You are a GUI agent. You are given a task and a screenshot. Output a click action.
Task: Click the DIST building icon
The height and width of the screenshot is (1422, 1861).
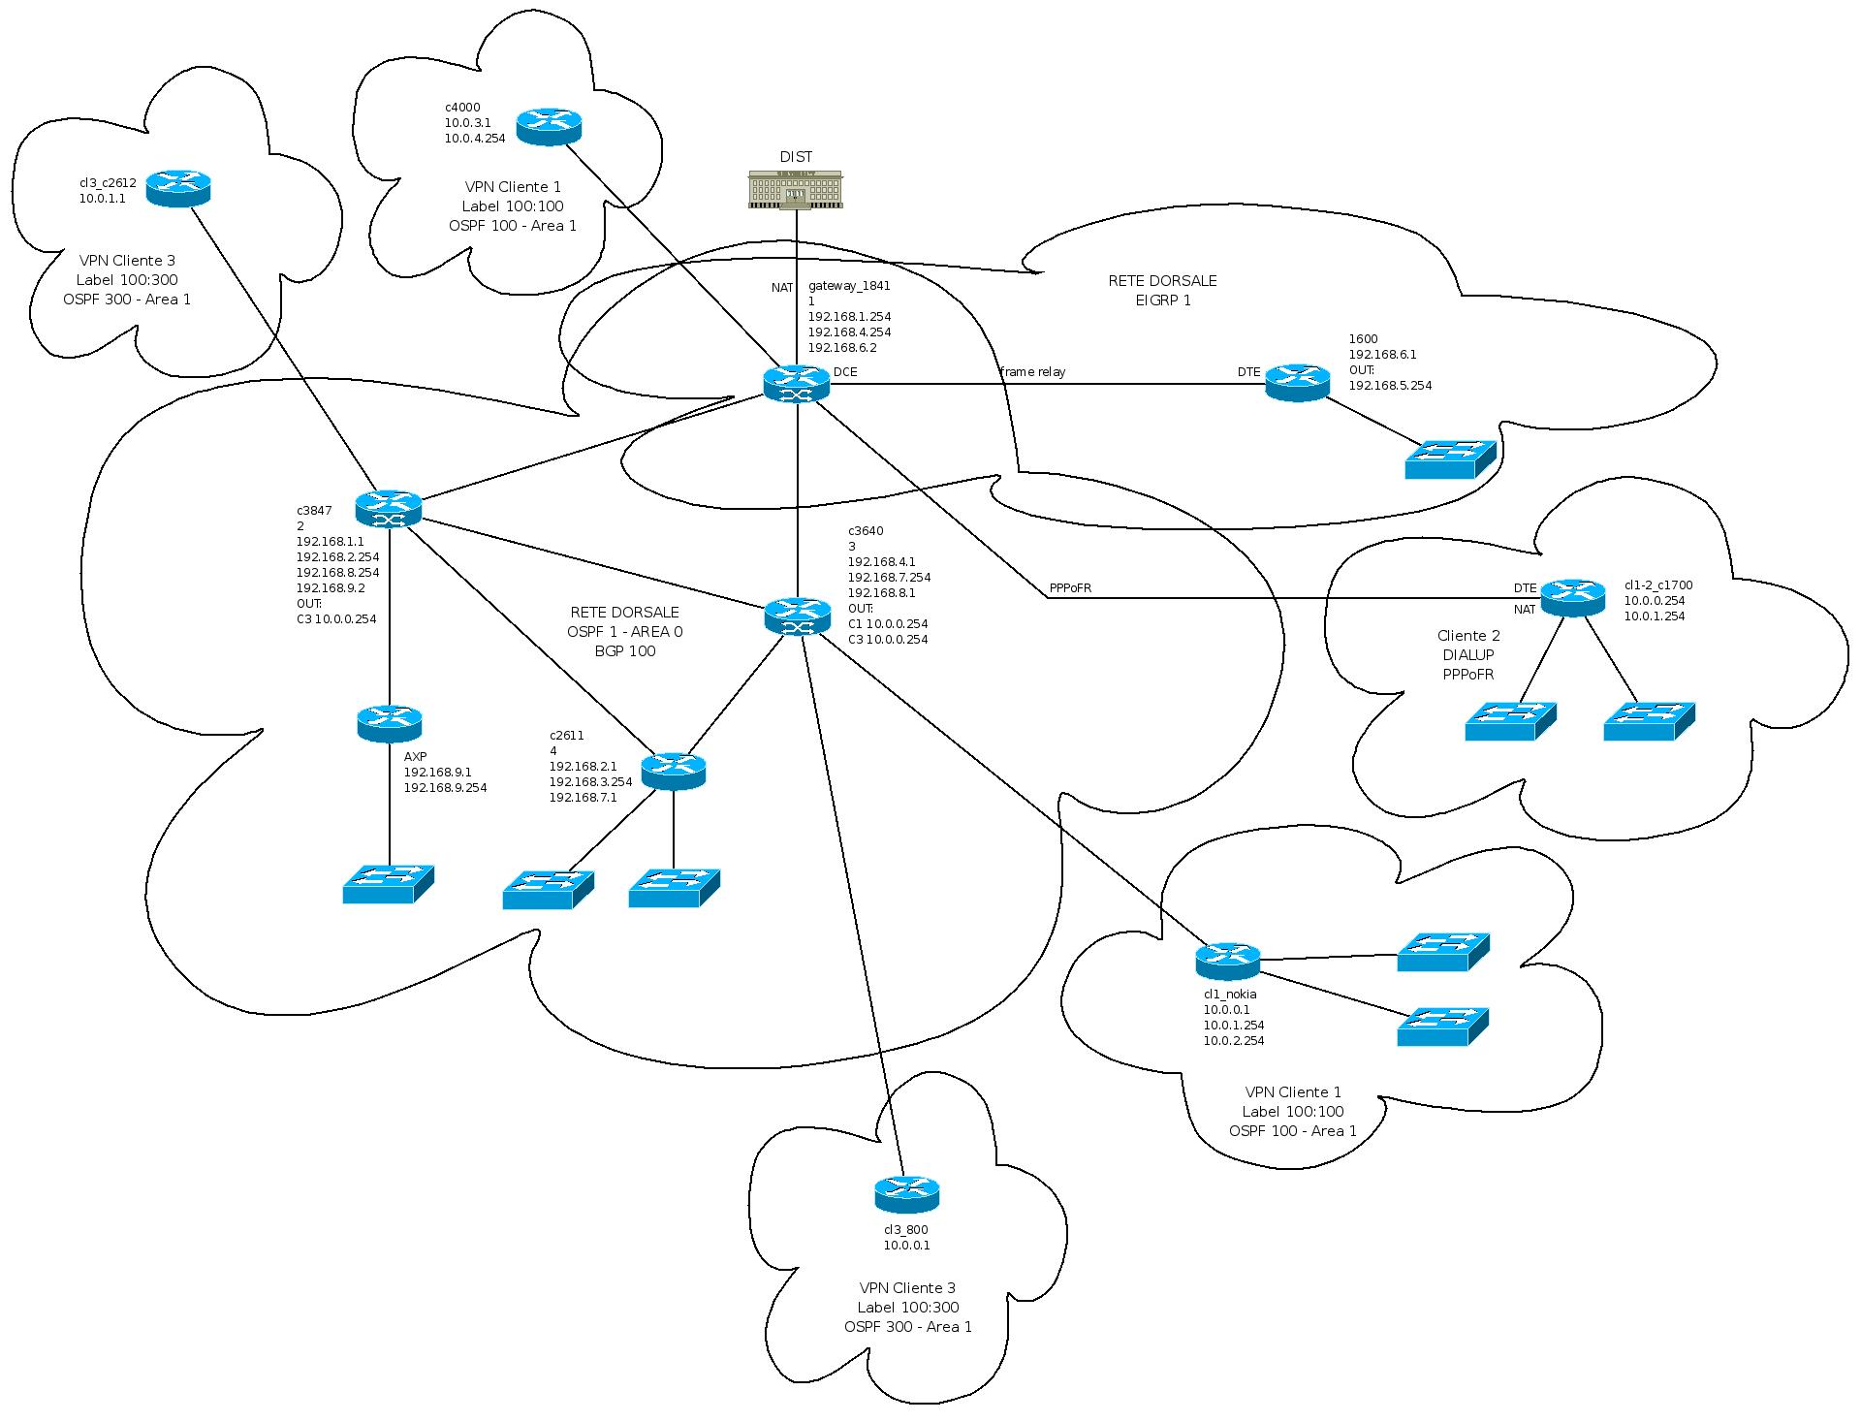pos(795,189)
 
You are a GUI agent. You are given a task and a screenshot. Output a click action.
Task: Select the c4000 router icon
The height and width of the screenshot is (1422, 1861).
pos(549,126)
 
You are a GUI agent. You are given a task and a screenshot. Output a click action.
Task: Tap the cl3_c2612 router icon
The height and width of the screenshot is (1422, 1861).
pos(178,188)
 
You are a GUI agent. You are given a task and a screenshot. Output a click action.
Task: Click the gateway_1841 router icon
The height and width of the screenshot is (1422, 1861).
pos(797,384)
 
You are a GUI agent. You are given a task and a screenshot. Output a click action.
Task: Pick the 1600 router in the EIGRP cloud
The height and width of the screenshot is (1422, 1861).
pos(1297,383)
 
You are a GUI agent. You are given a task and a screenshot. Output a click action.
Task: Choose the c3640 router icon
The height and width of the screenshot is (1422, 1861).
pos(797,616)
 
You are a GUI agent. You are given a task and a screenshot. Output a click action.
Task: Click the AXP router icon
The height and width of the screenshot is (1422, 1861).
pos(389,723)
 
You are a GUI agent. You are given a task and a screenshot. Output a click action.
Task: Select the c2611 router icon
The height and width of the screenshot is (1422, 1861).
pos(674,771)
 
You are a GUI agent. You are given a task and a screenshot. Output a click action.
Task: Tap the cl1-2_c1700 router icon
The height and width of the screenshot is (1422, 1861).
pos(1572,597)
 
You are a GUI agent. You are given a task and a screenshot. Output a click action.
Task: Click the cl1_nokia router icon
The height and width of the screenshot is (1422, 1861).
pos(1227,961)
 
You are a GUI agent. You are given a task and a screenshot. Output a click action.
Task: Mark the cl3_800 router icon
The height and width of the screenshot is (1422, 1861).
pos(906,1194)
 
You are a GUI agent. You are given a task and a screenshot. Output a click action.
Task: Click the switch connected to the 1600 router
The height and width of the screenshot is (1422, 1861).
pos(1450,459)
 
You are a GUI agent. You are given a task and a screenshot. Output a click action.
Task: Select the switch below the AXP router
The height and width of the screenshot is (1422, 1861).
pos(388,884)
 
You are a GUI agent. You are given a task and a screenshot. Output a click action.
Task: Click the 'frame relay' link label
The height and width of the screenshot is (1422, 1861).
pos(1032,372)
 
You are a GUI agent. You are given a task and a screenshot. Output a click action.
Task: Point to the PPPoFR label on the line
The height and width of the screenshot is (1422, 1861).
pos(1070,588)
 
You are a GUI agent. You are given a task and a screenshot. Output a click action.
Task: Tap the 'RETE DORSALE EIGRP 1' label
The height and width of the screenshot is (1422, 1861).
pos(1162,291)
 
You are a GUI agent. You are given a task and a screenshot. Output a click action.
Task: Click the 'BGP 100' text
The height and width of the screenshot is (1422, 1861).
pos(624,651)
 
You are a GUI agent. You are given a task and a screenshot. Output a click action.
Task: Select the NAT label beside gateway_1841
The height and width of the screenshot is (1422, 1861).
pos(782,287)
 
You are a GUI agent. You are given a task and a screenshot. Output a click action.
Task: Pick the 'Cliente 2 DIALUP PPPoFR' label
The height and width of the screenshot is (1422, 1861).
pos(1468,655)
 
